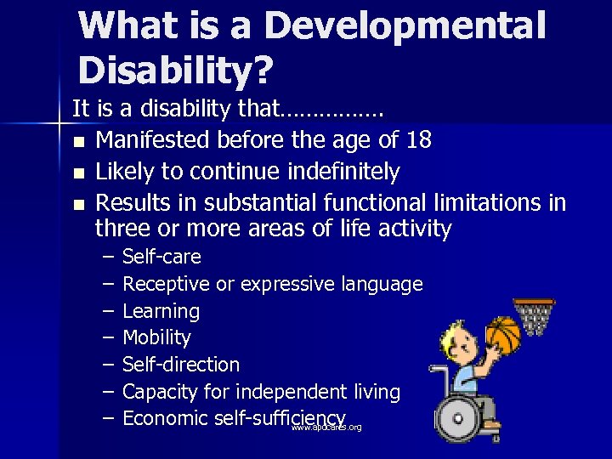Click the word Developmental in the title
click(x=405, y=26)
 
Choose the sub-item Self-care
click(x=161, y=257)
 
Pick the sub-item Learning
click(x=161, y=311)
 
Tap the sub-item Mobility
click(x=156, y=337)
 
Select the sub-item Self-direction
click(x=181, y=365)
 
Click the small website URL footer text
click(x=326, y=428)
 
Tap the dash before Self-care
click(x=109, y=257)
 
